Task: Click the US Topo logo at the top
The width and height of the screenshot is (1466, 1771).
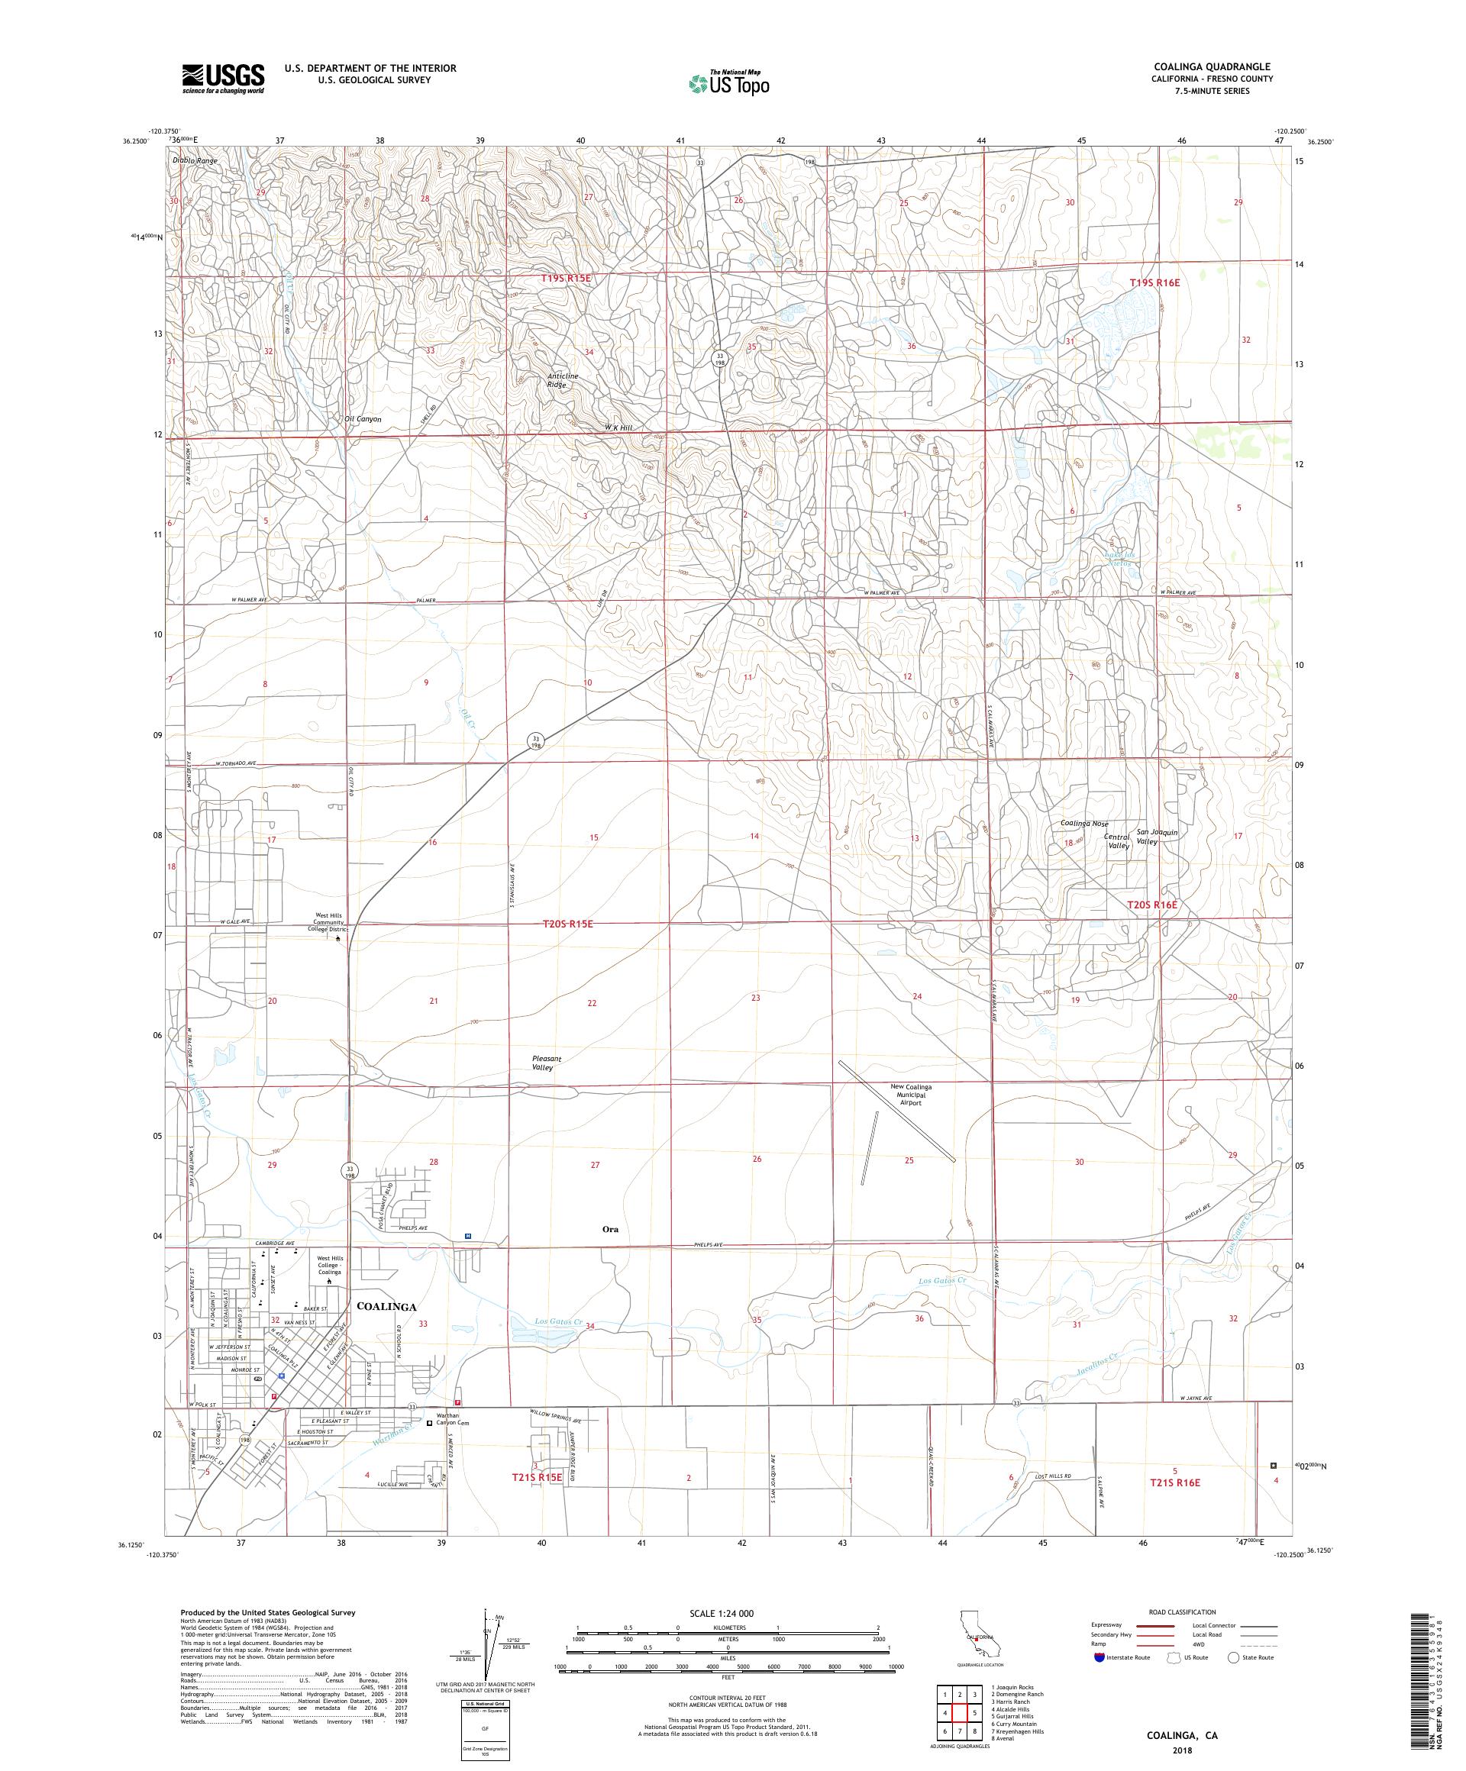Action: [730, 82]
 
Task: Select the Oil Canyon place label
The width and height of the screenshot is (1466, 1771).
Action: [363, 419]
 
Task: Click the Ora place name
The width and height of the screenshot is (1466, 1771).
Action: [610, 1229]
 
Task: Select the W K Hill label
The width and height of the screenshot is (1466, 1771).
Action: [618, 427]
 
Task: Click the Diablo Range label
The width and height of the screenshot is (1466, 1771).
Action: [195, 160]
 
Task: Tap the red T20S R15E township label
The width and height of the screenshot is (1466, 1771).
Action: [567, 924]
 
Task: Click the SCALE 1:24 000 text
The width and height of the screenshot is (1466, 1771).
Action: [727, 1611]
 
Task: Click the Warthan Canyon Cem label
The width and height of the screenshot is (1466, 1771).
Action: [451, 1419]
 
